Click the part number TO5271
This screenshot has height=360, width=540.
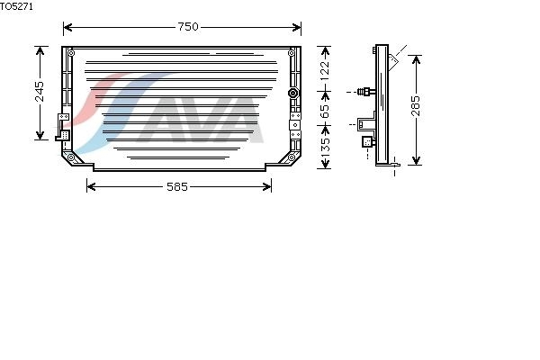coord(16,6)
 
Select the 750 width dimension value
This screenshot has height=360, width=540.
coord(188,27)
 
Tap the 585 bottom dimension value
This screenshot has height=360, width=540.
coord(177,186)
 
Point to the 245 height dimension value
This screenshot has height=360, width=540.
coord(40,92)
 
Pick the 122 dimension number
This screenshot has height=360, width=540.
coord(325,71)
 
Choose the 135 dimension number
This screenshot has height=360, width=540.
coord(325,148)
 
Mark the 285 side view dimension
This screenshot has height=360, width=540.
coord(416,106)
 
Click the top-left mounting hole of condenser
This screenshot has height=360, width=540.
coord(71,53)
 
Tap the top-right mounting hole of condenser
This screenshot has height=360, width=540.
coord(292,53)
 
